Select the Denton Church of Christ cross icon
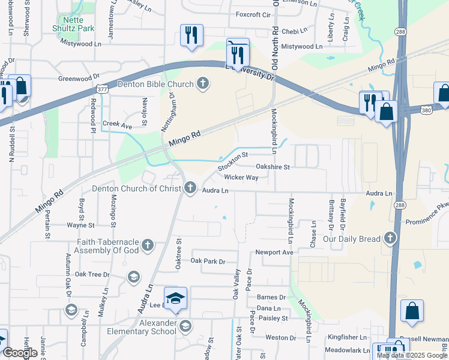coord(190,188)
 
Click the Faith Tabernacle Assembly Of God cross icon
coord(147,245)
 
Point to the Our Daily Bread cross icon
coord(390,238)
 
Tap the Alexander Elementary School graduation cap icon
coord(185,326)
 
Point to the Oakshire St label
coord(273,167)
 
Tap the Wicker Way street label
coord(241,178)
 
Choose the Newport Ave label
coord(274,253)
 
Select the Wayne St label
coord(80,226)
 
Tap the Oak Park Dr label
coord(208,262)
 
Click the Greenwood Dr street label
coord(79,78)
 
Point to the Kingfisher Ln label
coord(347,338)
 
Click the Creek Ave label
coord(117,124)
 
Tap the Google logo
coord(20,353)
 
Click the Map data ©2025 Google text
coord(412,355)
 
